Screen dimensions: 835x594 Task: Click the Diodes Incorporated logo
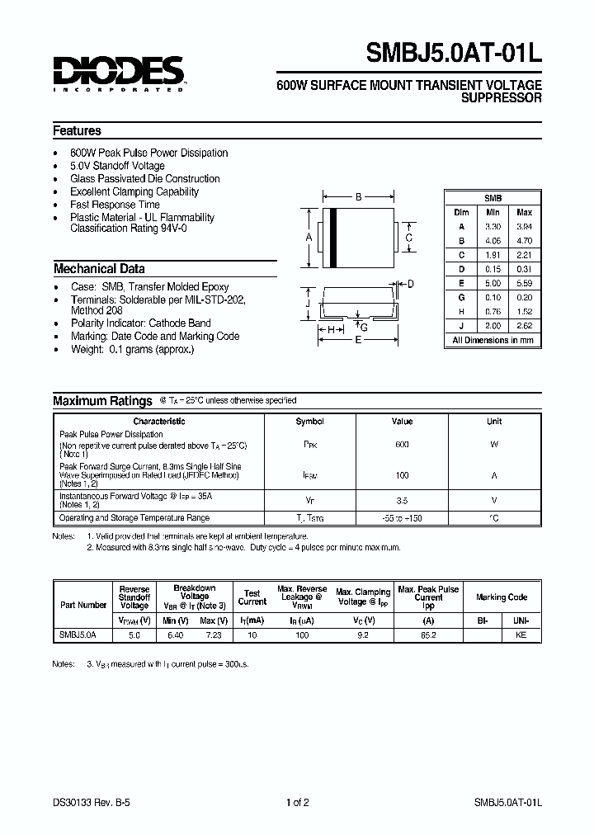pos(119,73)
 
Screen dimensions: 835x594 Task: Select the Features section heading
pos(77,131)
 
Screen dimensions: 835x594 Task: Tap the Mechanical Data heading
pos(99,269)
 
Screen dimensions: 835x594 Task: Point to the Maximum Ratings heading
pos(102,401)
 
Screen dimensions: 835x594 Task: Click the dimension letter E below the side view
pos(358,340)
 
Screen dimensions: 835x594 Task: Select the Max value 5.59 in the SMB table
pos(525,283)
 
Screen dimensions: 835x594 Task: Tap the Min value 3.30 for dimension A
pos(493,225)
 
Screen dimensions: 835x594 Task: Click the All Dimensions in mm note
pos(493,340)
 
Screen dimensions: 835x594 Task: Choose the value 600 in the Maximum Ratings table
pos(402,444)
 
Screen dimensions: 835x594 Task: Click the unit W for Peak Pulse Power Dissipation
pos(493,444)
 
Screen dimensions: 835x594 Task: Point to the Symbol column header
pos(310,422)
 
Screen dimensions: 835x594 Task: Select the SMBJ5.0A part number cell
pos(78,636)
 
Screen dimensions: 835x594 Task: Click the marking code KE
pos(521,636)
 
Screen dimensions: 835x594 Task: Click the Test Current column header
pos(252,597)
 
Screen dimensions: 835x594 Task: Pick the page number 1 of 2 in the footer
pos(296,803)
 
